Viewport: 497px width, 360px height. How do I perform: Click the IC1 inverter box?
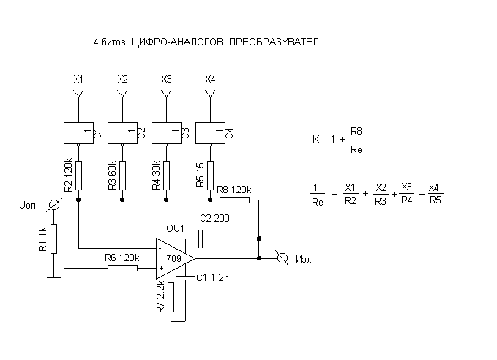pos(78,133)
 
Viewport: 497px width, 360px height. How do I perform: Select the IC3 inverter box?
pos(166,133)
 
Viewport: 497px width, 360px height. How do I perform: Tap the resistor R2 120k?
pos(78,176)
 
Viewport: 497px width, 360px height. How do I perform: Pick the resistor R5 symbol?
pos(210,176)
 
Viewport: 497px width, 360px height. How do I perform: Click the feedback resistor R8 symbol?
pos(234,200)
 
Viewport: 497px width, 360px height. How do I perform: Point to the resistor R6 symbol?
pos(122,268)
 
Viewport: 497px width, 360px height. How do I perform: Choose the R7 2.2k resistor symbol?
pos(171,297)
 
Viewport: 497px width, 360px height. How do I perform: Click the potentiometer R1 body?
pos(53,239)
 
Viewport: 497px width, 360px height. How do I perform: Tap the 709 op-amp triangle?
pos(175,258)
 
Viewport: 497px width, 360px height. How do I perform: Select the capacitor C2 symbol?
pos(200,239)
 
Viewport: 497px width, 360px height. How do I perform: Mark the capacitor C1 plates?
pos(185,278)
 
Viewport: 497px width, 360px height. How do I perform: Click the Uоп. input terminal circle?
pos(54,205)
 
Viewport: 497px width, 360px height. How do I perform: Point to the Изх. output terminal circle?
pos(282,258)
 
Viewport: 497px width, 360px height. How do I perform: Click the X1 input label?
pos(78,79)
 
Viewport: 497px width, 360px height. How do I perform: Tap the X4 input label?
pos(210,79)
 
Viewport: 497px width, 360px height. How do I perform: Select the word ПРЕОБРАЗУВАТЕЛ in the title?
pos(274,42)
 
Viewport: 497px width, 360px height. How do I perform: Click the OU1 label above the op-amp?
pos(175,228)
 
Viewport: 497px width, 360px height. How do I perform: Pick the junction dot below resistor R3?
pos(122,200)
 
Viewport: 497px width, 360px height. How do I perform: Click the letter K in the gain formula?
pos(315,139)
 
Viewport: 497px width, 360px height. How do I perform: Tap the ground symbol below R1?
pos(54,277)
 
